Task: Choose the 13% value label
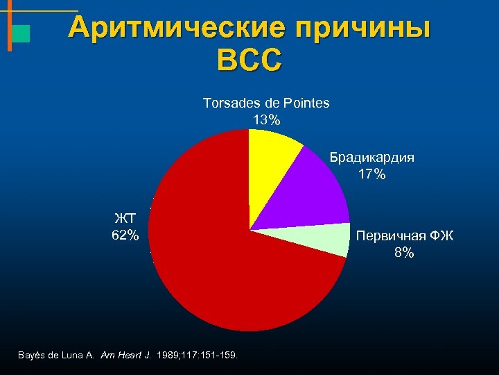[266, 119]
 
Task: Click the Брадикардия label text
[371, 157]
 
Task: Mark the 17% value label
[371, 174]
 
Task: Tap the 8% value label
[404, 253]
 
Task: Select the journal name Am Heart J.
[125, 355]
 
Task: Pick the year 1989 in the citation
[168, 355]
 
